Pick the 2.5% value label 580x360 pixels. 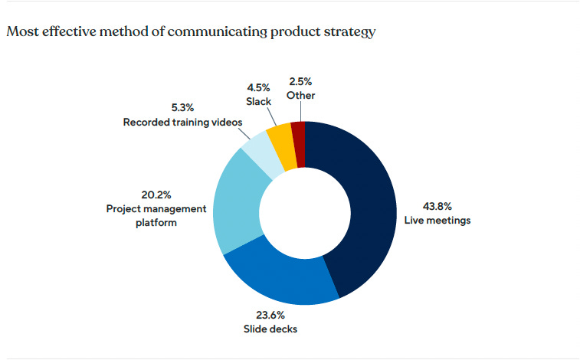pos(300,82)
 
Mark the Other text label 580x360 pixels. pos(300,96)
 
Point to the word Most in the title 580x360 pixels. pos(20,33)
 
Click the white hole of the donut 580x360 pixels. pos(305,213)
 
